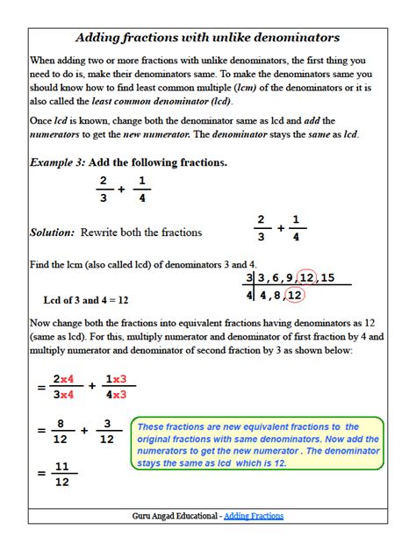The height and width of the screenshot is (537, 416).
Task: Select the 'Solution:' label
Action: click(53, 233)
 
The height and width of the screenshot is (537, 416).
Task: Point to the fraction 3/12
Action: click(106, 431)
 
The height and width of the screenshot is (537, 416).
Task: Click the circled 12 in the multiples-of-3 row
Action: click(306, 278)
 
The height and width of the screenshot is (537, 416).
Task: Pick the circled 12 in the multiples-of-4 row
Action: click(296, 296)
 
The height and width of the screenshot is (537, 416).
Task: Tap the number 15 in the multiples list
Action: click(328, 278)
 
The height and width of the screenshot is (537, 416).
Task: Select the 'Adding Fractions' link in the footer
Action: click(254, 516)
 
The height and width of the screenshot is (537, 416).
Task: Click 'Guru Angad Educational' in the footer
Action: click(175, 516)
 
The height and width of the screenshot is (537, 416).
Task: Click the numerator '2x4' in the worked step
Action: click(62, 379)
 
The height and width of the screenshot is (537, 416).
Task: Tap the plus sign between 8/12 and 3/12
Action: click(84, 431)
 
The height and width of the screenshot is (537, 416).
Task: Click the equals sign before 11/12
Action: click(40, 474)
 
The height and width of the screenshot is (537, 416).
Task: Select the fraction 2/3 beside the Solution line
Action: click(260, 227)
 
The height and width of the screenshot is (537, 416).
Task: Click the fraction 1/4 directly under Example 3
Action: click(143, 190)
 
